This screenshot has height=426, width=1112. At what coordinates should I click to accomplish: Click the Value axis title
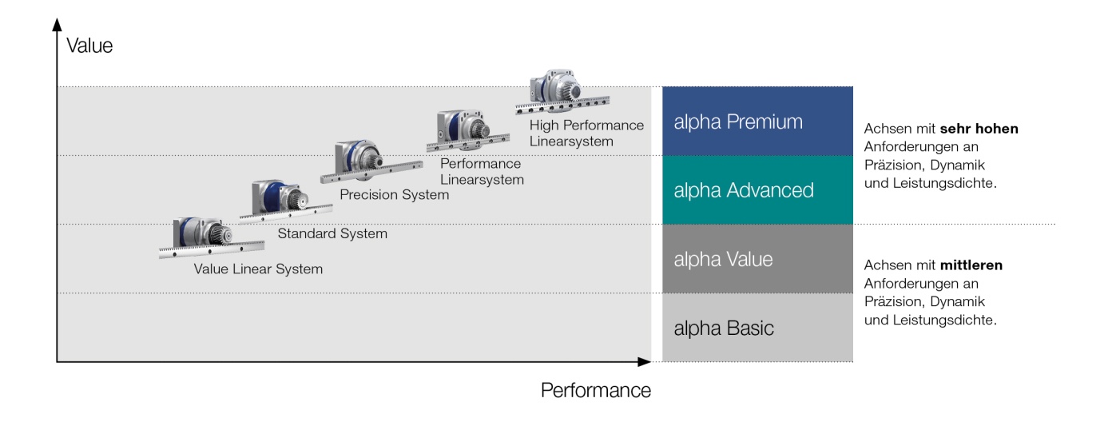(x=89, y=46)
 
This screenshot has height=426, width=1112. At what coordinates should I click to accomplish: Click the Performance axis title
(x=596, y=390)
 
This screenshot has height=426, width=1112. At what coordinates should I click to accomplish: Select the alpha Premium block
(x=757, y=121)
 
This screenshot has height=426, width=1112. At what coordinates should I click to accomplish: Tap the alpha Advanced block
(x=757, y=190)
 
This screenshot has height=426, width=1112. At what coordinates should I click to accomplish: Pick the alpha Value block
(x=757, y=259)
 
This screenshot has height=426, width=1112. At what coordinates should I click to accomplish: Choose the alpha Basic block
(x=757, y=327)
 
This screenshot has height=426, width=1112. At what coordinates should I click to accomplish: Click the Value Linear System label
(x=258, y=269)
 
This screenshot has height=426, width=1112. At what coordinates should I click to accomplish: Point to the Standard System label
(x=332, y=233)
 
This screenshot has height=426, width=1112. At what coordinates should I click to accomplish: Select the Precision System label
(x=394, y=195)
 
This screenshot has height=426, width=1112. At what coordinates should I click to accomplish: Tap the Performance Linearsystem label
(x=482, y=171)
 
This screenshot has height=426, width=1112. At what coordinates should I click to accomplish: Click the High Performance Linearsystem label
(x=586, y=133)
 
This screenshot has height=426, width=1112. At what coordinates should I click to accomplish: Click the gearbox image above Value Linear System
(x=212, y=237)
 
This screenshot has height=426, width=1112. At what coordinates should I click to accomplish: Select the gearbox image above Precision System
(x=371, y=161)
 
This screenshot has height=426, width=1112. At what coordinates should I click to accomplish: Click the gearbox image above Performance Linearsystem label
(x=467, y=130)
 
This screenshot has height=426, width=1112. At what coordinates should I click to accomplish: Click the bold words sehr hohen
(x=979, y=129)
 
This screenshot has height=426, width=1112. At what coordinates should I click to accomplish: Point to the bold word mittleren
(x=971, y=265)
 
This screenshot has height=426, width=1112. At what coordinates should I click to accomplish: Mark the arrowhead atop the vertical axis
(x=57, y=24)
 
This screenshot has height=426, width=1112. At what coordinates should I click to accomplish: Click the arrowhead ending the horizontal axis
(x=645, y=362)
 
